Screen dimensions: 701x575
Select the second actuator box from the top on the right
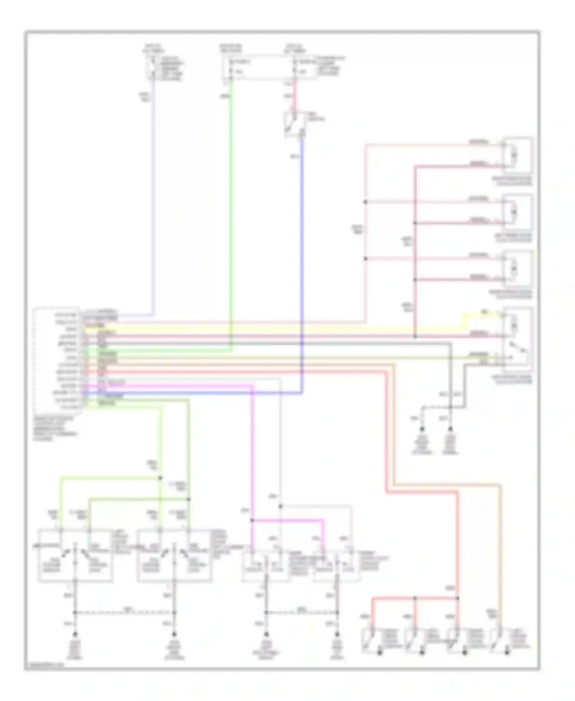pos(517,212)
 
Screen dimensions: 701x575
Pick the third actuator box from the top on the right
pos(517,268)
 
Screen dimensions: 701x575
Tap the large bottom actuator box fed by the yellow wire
pos(517,339)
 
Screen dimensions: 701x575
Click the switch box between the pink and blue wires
pos(295,123)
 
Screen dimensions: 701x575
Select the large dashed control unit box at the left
pos(58,360)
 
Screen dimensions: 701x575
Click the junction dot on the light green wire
pos(161,478)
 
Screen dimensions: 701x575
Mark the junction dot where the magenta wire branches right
pos(252,520)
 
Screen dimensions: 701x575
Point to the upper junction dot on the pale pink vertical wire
pos(365,202)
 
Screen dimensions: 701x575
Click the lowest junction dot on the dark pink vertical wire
pos(415,336)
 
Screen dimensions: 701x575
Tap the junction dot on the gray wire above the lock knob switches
pos(281,507)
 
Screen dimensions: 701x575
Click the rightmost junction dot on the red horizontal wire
pos(457,598)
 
